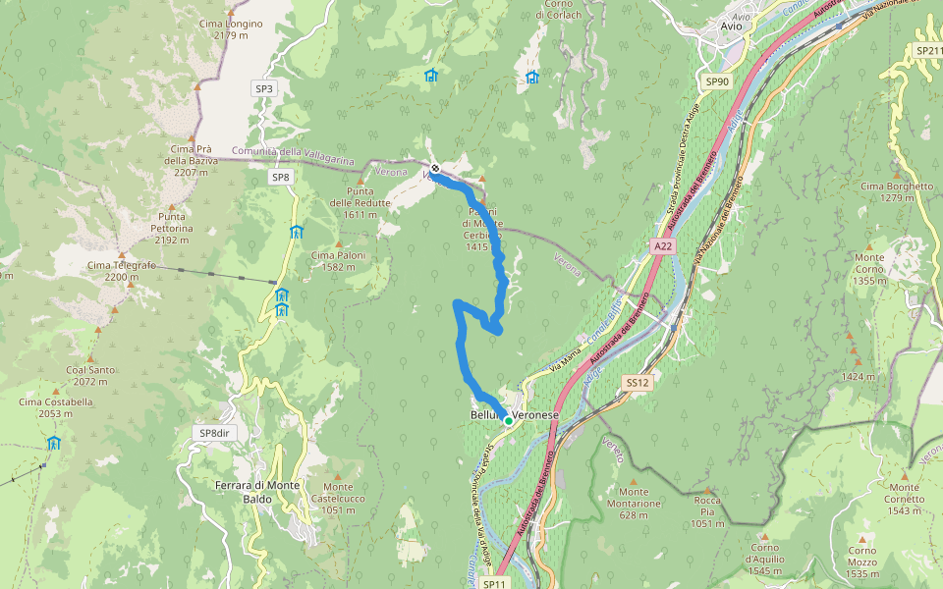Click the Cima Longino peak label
coord(230,28)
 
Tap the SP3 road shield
coord(264,88)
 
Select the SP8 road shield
coord(281,177)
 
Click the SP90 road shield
coord(717,81)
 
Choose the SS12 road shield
coord(637,382)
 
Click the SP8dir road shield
coord(218,433)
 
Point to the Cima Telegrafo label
coord(112,271)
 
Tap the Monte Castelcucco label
coord(338,498)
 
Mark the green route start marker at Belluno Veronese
coord(508,420)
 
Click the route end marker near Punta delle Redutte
coord(435,168)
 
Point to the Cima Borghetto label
coord(897,191)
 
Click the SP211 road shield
coord(928,50)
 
